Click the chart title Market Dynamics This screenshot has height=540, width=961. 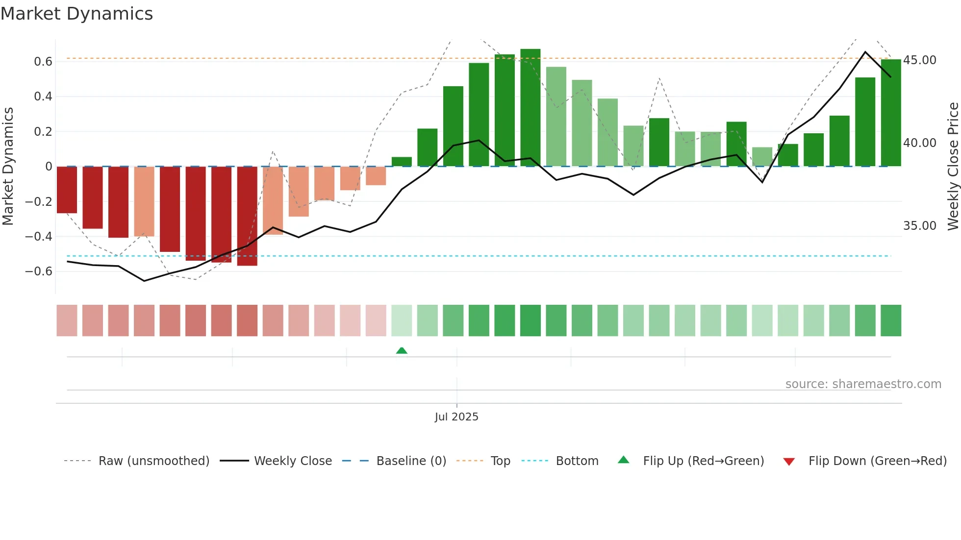click(76, 14)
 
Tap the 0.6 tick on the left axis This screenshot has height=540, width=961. click(43, 62)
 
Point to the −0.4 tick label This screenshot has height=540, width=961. click(38, 237)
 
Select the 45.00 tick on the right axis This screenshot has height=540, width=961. click(919, 60)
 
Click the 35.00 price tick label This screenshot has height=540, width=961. click(919, 226)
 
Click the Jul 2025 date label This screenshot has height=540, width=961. click(456, 417)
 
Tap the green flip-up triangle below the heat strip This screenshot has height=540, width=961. click(402, 350)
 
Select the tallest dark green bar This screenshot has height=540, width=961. click(530, 108)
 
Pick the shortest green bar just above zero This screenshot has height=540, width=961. click(402, 162)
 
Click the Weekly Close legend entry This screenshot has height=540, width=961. click(293, 461)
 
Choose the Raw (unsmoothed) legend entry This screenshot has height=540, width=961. click(153, 461)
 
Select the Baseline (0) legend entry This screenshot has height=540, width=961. click(411, 461)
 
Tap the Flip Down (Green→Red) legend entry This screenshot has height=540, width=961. click(877, 461)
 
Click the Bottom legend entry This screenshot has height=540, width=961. click(577, 461)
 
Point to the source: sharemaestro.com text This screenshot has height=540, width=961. click(863, 384)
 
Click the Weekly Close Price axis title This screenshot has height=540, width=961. click(953, 167)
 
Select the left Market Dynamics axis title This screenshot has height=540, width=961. click(8, 167)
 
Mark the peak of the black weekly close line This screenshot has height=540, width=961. click(865, 52)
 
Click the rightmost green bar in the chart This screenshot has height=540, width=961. click(890, 113)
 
